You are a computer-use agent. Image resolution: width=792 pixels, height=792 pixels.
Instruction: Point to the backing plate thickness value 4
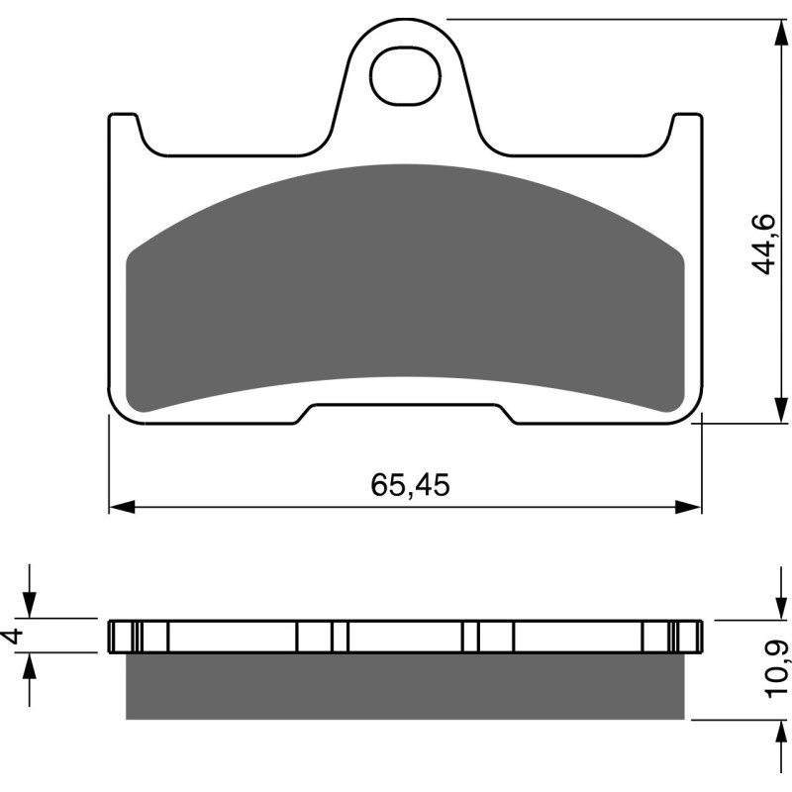click(x=13, y=637)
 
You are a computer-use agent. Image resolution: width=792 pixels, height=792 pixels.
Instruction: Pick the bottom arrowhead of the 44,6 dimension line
click(x=772, y=410)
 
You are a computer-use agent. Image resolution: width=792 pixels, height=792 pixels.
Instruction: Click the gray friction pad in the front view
click(x=404, y=287)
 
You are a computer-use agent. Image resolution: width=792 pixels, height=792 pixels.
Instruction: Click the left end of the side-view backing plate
click(x=113, y=636)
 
